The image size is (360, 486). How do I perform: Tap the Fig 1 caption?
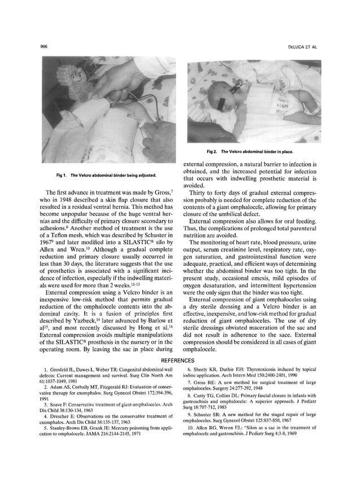coord(107,174)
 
